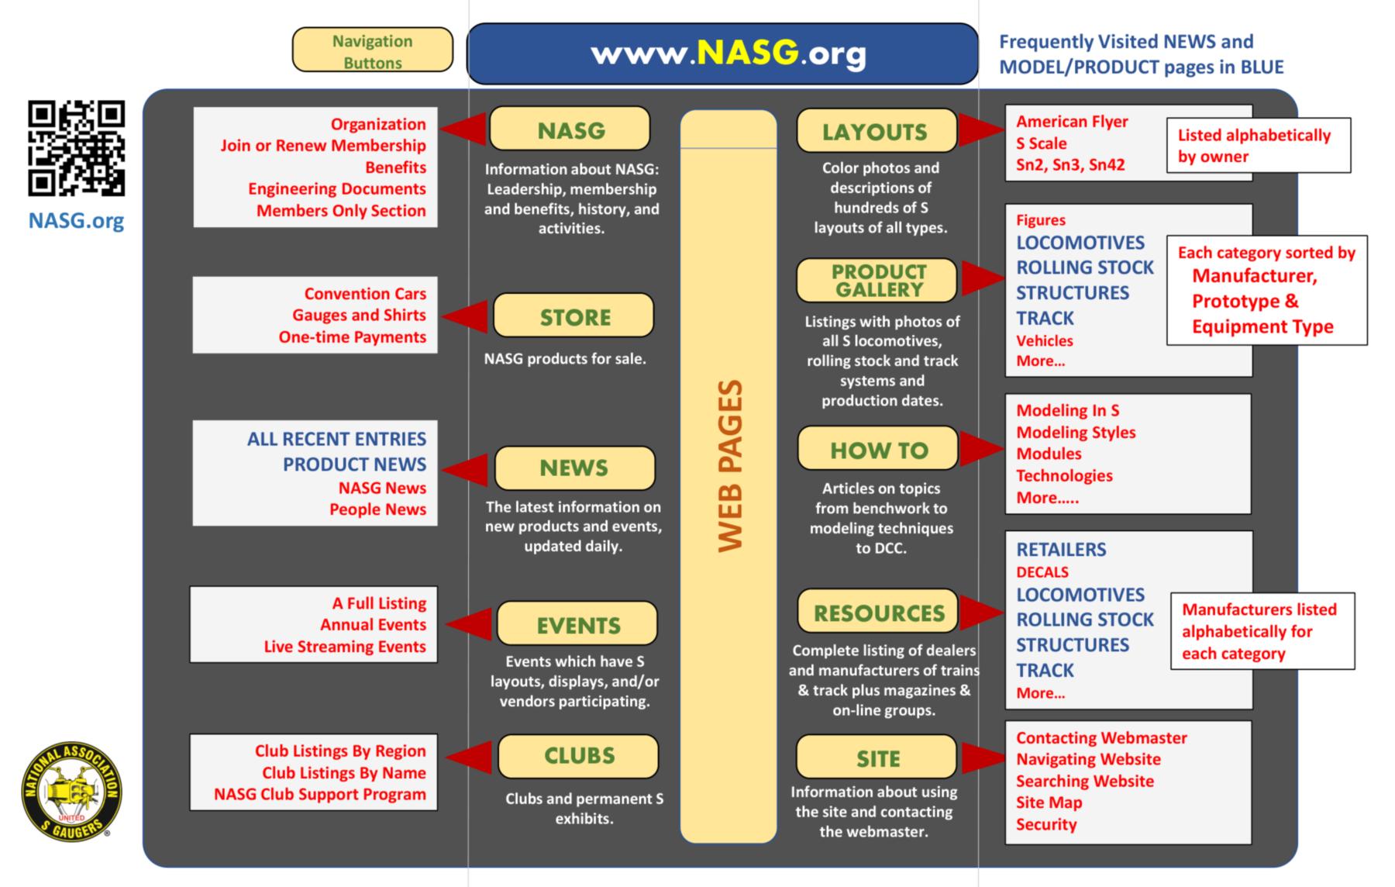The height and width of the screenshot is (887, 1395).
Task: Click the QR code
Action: coord(76,147)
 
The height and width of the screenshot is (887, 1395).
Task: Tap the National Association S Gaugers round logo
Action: coord(71,791)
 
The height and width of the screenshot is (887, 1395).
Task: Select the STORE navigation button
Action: coord(574,316)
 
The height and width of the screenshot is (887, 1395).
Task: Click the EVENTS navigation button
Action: coord(577,624)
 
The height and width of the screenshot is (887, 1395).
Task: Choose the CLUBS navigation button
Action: coord(578,756)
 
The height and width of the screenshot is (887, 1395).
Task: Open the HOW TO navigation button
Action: coord(878,449)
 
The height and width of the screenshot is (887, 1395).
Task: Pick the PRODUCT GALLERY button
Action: coord(877,281)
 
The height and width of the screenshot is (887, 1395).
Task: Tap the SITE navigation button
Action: coord(877,758)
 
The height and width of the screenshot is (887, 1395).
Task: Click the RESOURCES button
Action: coord(878,613)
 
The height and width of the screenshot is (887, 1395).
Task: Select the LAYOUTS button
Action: coord(877,131)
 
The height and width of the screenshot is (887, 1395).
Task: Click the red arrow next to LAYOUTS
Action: coord(980,129)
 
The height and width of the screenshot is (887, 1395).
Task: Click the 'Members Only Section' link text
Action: coord(341,211)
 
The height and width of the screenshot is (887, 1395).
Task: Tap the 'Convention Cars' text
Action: coord(365,294)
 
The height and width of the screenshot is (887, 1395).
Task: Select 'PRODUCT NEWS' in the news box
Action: coord(354,464)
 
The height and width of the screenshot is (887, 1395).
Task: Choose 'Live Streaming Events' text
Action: coord(345,647)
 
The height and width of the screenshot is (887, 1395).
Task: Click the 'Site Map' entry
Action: coord(1049,802)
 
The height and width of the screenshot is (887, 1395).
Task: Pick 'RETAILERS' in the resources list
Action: coord(1061,550)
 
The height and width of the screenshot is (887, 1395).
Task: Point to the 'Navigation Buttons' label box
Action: coord(372,51)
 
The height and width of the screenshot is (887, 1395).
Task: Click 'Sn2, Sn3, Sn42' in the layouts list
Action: coord(1070,164)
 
